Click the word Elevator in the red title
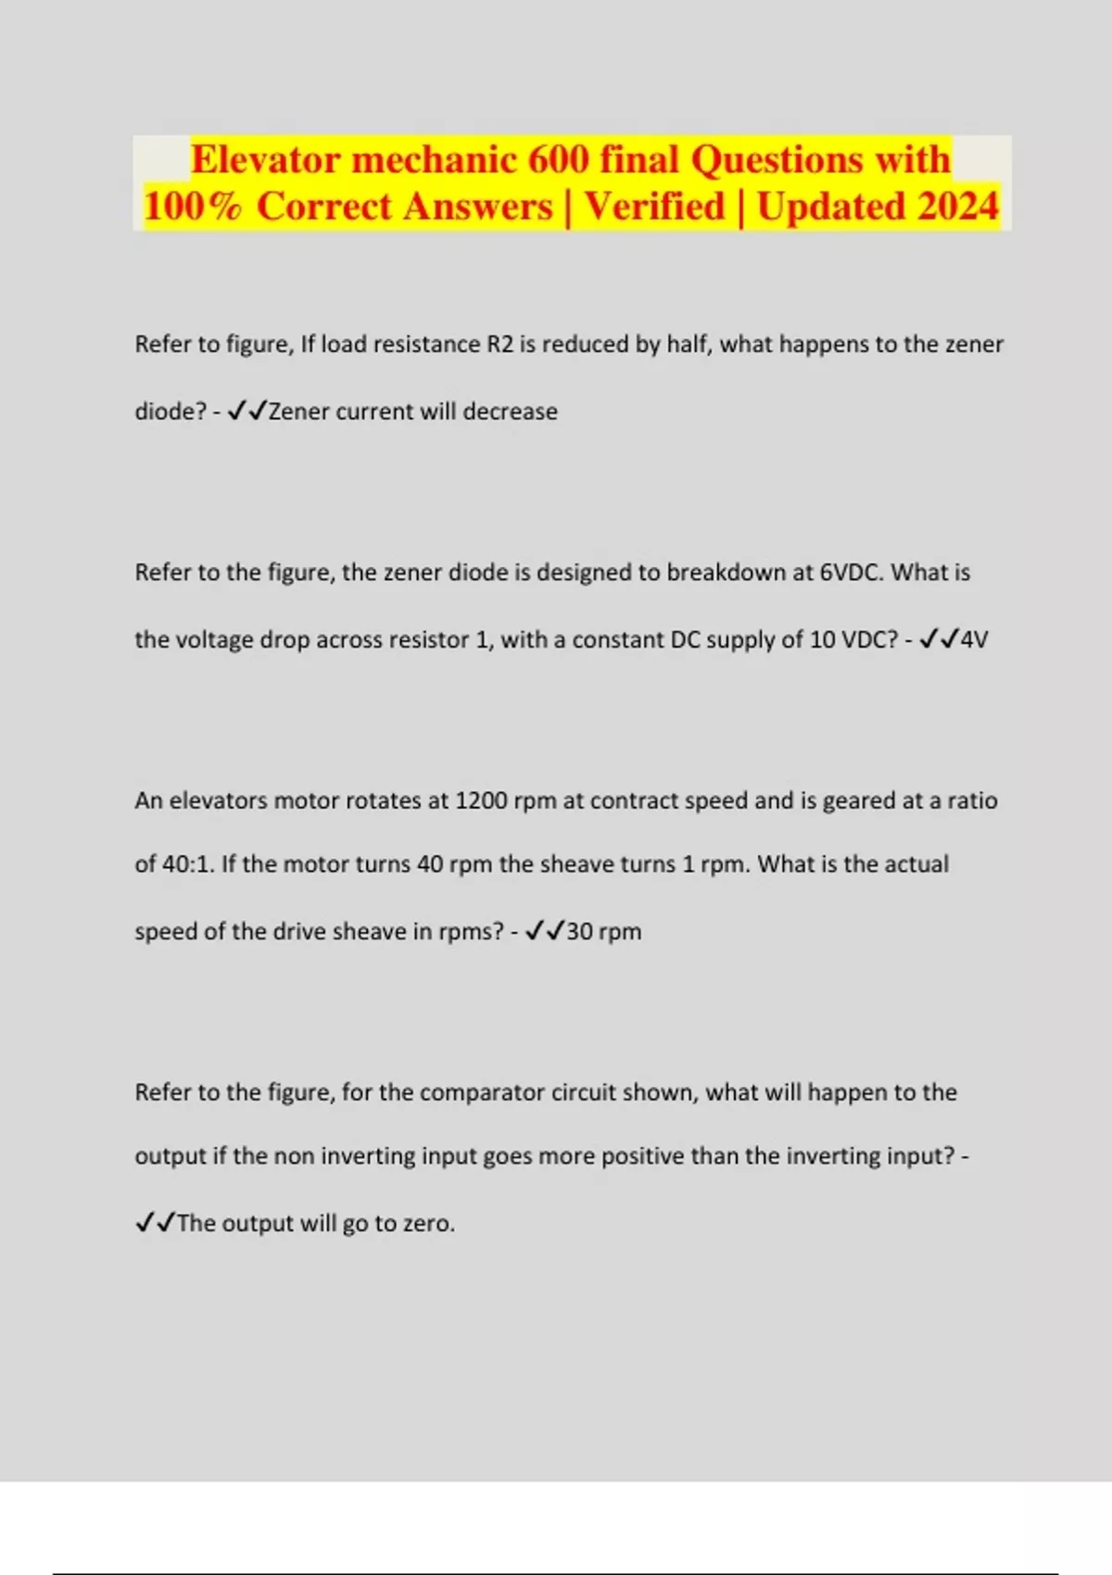(x=266, y=159)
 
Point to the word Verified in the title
(x=654, y=206)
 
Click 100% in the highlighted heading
(x=193, y=206)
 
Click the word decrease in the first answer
(x=510, y=411)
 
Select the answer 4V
(x=974, y=640)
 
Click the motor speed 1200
(x=479, y=800)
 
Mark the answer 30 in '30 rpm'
(x=579, y=931)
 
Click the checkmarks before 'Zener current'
(x=247, y=410)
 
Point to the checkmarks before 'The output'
(x=155, y=1223)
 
